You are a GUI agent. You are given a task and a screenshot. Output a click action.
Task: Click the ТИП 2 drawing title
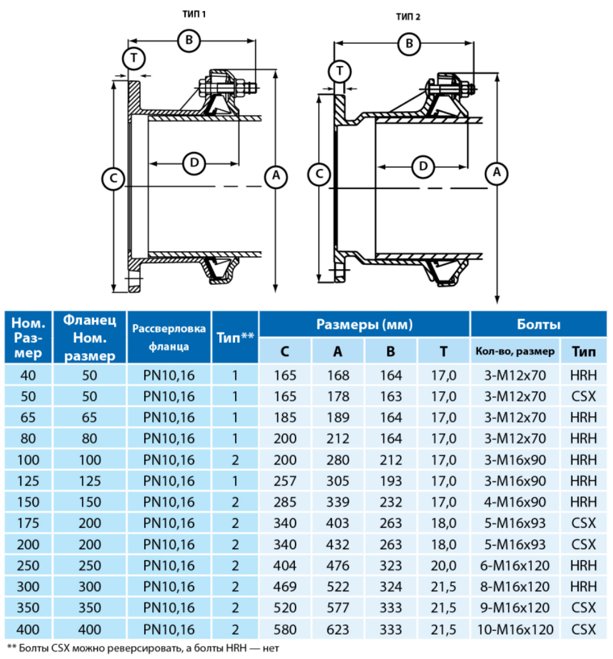(408, 16)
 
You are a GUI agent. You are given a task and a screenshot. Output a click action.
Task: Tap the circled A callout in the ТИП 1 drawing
(275, 176)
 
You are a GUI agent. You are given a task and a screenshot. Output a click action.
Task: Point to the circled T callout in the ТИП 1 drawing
(132, 59)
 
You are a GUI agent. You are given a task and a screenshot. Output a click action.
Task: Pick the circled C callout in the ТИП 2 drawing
(319, 175)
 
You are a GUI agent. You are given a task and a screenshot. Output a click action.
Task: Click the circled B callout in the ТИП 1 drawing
(189, 41)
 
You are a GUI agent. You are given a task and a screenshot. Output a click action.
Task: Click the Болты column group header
(539, 324)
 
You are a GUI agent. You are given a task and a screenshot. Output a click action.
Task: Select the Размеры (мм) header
(365, 324)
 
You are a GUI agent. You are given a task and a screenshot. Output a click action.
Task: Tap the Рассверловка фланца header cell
(169, 337)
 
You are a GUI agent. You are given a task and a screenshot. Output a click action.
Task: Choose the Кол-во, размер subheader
(515, 351)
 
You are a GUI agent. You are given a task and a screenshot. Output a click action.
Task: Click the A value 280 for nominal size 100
(338, 459)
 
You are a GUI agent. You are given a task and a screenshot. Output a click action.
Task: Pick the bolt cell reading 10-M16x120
(515, 629)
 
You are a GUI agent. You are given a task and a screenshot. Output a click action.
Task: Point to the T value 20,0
(444, 566)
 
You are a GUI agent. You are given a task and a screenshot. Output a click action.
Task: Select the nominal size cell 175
(28, 523)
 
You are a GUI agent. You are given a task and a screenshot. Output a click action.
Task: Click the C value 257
(285, 481)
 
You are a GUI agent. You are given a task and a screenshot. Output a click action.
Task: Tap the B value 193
(391, 481)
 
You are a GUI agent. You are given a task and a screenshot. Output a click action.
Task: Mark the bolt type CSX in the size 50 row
(584, 396)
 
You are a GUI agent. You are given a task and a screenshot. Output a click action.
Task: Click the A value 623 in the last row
(338, 629)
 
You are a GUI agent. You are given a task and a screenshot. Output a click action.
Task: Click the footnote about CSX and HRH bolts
(147, 647)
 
